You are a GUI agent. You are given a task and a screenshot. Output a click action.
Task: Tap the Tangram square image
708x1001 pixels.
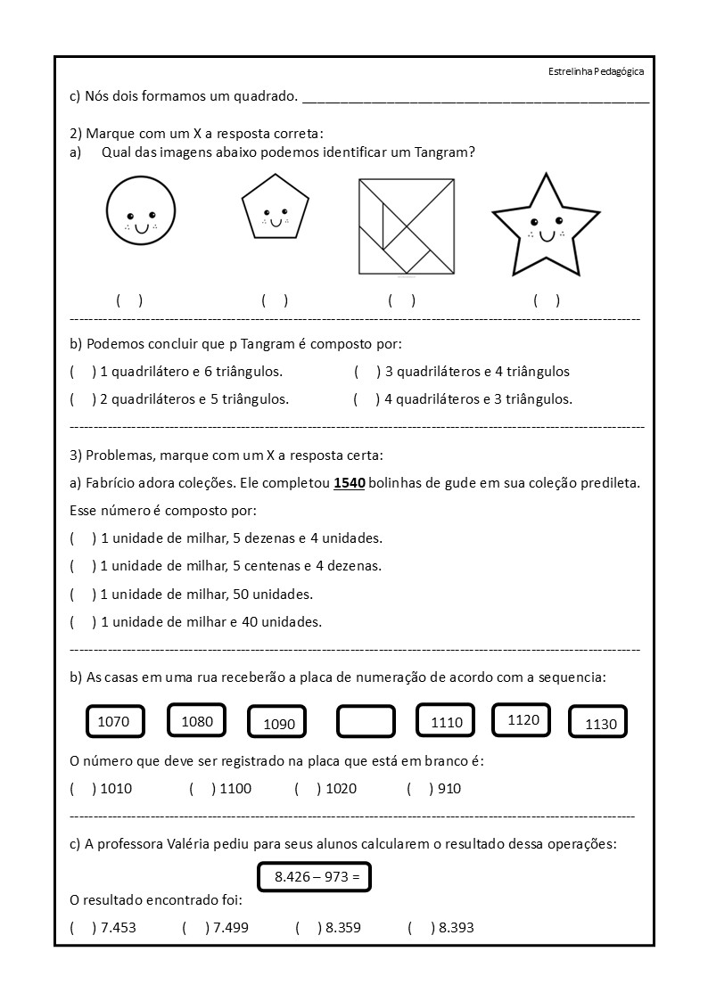(408, 226)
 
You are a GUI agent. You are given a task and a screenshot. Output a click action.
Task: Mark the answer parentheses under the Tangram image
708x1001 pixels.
(401, 300)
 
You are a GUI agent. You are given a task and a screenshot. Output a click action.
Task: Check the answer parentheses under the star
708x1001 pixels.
(547, 300)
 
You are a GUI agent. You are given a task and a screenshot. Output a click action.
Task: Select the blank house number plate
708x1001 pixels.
(366, 722)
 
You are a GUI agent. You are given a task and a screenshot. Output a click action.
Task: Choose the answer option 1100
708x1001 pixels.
(220, 788)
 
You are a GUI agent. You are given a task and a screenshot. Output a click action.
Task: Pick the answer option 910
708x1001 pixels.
(434, 788)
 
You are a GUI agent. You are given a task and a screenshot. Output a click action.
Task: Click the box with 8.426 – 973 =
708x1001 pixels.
(314, 877)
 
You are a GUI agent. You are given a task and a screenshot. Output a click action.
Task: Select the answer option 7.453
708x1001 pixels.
(104, 927)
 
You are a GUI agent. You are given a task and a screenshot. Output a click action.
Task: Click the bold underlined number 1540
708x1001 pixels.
(349, 484)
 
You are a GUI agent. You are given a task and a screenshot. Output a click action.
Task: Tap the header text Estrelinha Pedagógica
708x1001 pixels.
(597, 71)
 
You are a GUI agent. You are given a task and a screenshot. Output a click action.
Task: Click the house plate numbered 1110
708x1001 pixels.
(447, 722)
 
